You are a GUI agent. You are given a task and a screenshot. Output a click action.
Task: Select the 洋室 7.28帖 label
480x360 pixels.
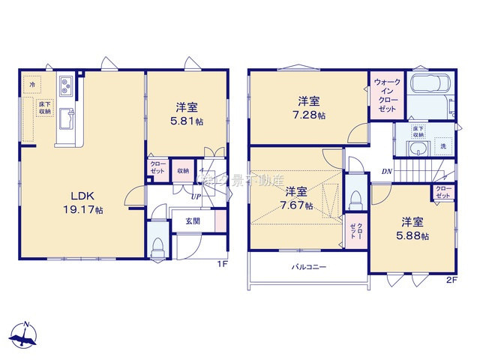coord(310,107)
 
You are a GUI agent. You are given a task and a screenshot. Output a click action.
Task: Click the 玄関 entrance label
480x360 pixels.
coord(191,220)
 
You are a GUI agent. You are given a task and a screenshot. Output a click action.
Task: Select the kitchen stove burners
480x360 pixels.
coord(64,87)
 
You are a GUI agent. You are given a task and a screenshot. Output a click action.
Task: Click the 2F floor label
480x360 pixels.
coord(451,280)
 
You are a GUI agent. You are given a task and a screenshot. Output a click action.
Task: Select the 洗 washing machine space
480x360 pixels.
coord(443,145)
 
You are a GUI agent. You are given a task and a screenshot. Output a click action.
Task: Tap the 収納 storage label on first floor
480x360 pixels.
coord(183,170)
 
